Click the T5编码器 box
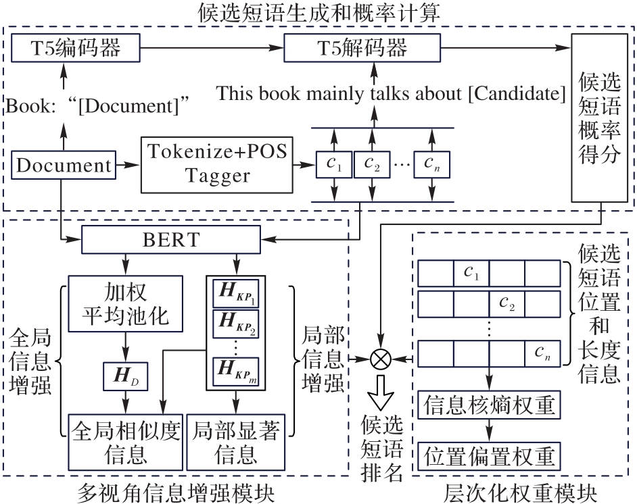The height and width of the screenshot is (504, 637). point(76,48)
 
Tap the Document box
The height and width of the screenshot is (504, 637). point(64,165)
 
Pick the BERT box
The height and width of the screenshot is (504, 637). point(171,238)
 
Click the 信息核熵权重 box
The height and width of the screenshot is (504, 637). point(489,405)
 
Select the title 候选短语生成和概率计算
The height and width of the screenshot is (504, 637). point(318,11)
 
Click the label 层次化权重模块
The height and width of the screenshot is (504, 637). point(522,492)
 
